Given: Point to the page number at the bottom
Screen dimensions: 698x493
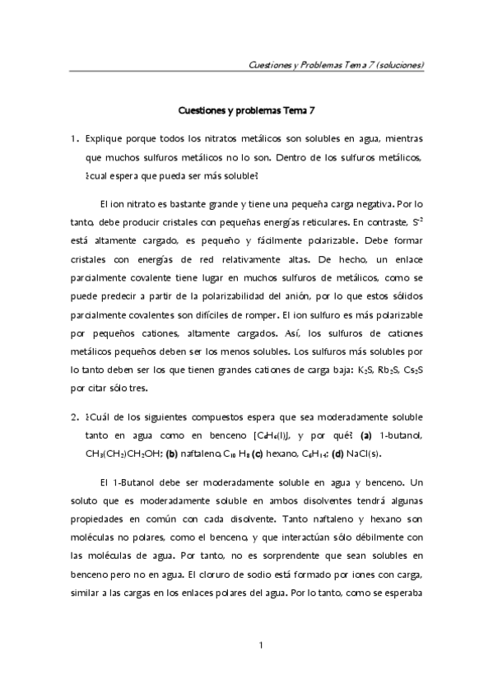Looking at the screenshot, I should [x=260, y=644].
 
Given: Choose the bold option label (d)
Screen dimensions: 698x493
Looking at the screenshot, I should [x=340, y=454].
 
